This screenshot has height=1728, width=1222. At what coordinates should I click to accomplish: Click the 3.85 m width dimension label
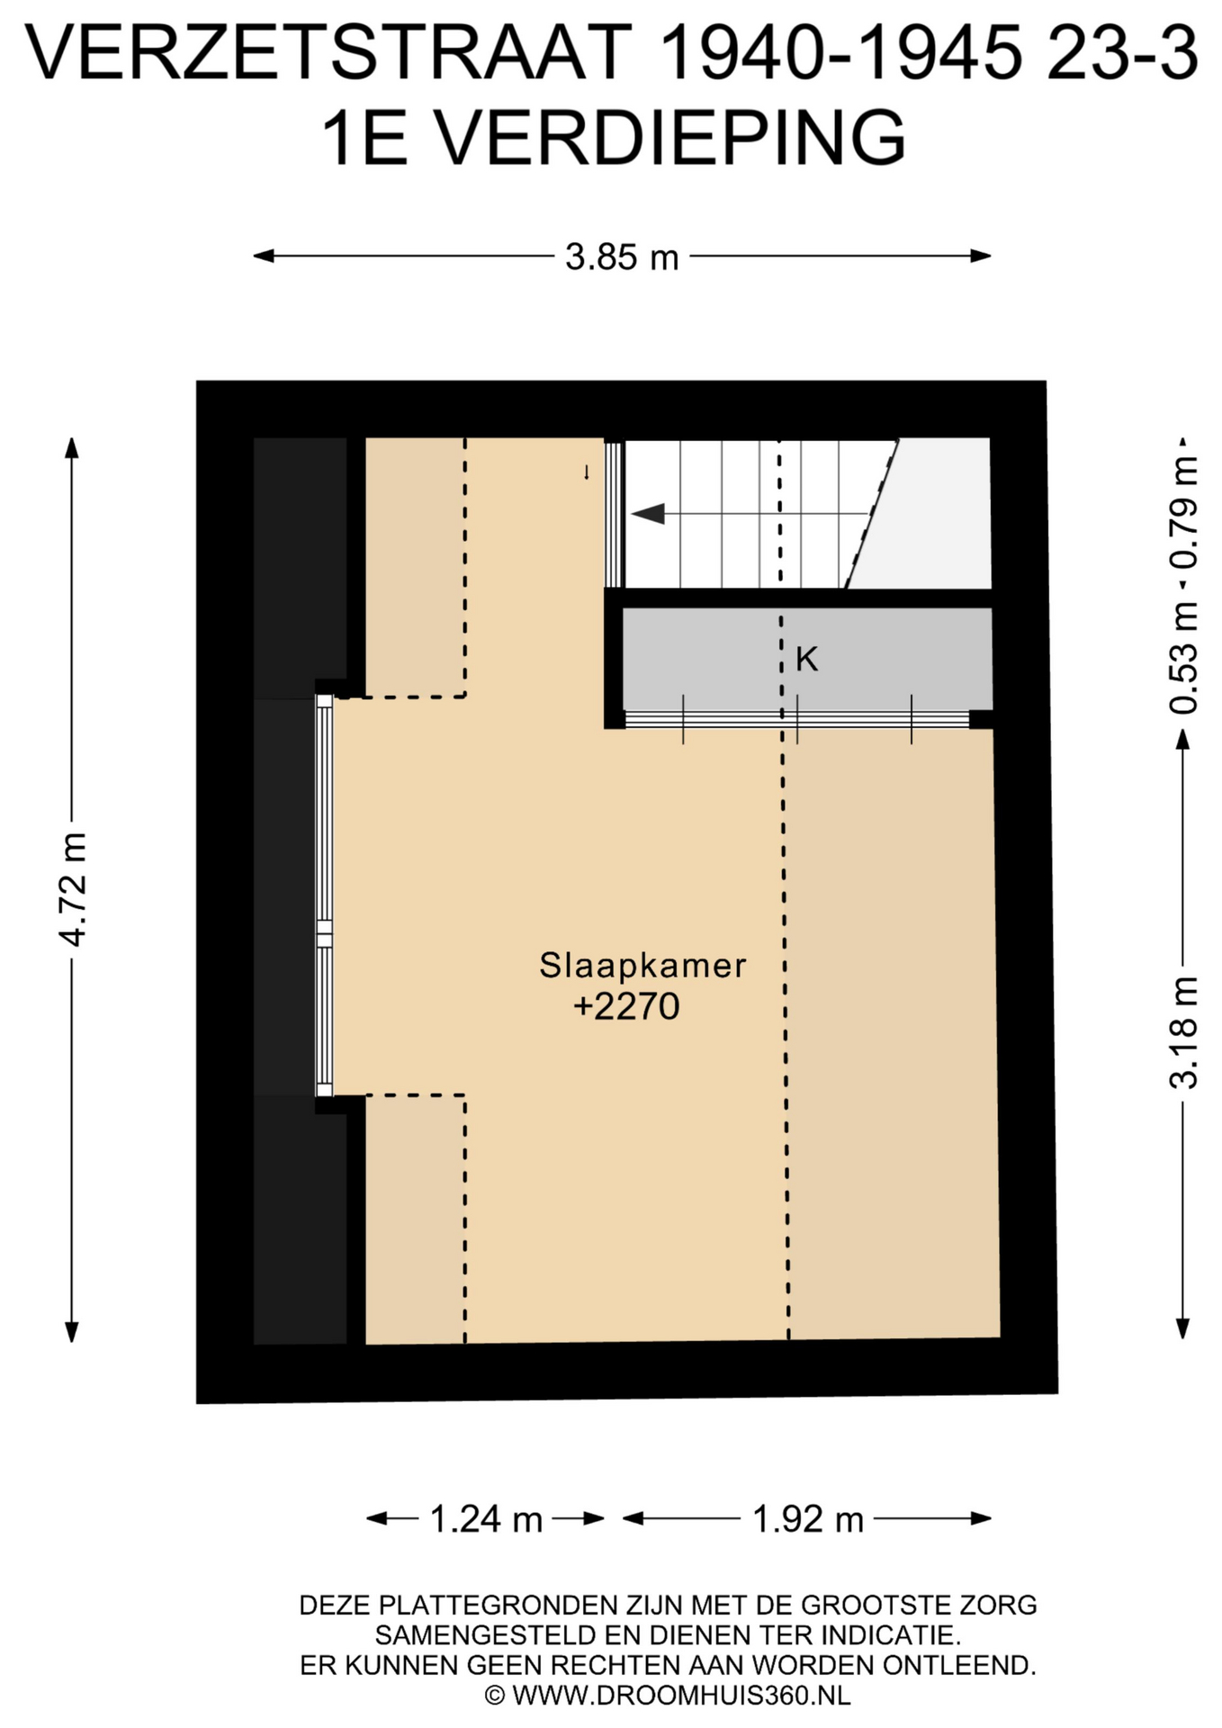pyautogui.click(x=622, y=257)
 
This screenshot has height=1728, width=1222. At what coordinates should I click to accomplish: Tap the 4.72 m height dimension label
pyautogui.click(x=73, y=889)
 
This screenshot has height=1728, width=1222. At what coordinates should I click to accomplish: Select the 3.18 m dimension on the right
pyautogui.click(x=1183, y=1032)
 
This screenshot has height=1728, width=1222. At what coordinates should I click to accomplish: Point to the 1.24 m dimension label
pyautogui.click(x=486, y=1519)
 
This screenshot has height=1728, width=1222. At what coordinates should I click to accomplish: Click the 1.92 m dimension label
pyautogui.click(x=807, y=1519)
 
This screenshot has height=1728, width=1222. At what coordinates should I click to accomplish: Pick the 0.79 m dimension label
pyautogui.click(x=1183, y=512)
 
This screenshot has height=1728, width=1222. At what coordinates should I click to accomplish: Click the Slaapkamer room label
pyautogui.click(x=642, y=966)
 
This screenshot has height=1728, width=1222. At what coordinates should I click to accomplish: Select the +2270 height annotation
pyautogui.click(x=626, y=1006)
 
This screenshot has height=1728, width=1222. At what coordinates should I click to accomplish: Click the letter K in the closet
pyautogui.click(x=806, y=660)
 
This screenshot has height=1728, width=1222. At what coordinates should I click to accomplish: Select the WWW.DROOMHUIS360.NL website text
pyautogui.click(x=681, y=1696)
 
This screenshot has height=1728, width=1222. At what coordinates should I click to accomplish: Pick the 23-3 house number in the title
pyautogui.click(x=1125, y=54)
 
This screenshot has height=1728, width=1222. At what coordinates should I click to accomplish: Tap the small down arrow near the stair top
pyautogui.click(x=587, y=472)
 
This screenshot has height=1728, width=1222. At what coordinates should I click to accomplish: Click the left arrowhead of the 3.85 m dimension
pyautogui.click(x=264, y=256)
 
